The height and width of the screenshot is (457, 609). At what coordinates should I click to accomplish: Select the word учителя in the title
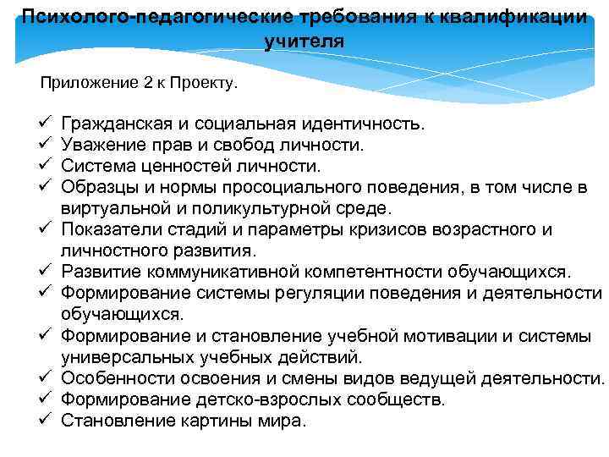[304, 41]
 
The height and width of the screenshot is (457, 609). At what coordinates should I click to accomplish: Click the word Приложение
[81, 84]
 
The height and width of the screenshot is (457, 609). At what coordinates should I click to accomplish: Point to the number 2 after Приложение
[135, 84]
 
